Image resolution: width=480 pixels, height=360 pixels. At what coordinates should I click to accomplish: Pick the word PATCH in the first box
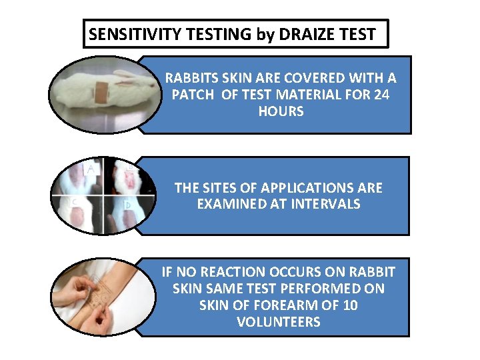(194, 95)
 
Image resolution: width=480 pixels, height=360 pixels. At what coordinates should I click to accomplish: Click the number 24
(382, 95)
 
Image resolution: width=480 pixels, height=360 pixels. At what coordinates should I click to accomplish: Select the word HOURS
(281, 111)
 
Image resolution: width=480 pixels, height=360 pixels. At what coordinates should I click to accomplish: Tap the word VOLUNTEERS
(278, 322)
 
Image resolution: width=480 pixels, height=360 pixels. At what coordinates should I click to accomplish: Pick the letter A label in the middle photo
(90, 169)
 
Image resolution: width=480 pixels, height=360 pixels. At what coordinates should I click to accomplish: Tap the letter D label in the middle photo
(128, 206)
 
